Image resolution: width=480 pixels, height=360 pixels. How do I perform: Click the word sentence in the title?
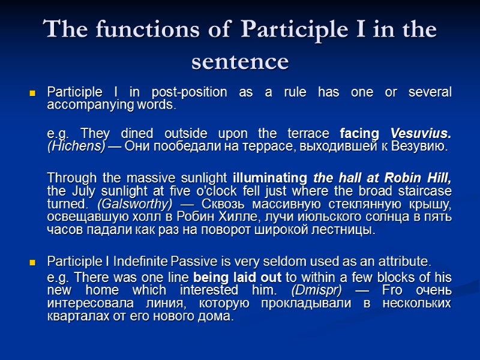coord(240,61)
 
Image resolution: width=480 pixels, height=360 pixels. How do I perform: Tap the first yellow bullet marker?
coord(33,94)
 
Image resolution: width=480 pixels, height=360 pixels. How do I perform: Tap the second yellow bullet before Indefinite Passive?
coord(33,263)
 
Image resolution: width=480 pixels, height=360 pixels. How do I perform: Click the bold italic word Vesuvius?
coord(421,133)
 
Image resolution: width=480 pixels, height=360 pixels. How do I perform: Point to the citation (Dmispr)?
coord(317,290)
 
